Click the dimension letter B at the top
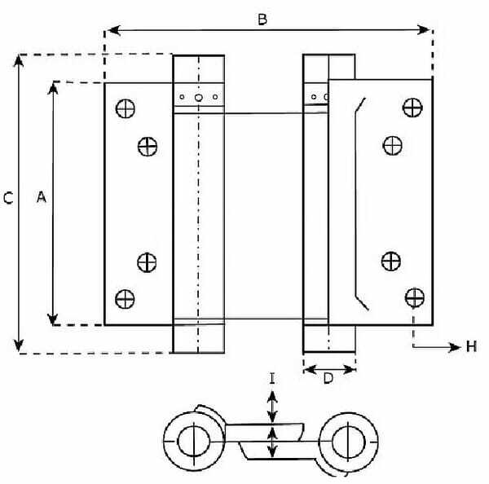coord(262,20)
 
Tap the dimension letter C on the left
coord(8,198)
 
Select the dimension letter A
coord(42,197)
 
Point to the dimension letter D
coord(328,379)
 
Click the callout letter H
coord(471,346)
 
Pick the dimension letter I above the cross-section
coord(272,379)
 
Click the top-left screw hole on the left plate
coord(126,108)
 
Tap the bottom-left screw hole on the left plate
coord(125,299)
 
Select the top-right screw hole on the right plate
coord(412,108)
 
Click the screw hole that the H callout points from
coord(415,297)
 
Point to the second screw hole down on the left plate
coord(148,147)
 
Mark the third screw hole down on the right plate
coord(391,261)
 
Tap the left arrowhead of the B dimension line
coord(113,31)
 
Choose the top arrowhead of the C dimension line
coord(19,61)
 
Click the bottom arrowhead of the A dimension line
coord(53,319)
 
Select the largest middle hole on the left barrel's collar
coord(198,98)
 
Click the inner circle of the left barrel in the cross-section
coord(194,442)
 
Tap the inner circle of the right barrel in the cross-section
coord(348,442)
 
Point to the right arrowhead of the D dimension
coord(350,370)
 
